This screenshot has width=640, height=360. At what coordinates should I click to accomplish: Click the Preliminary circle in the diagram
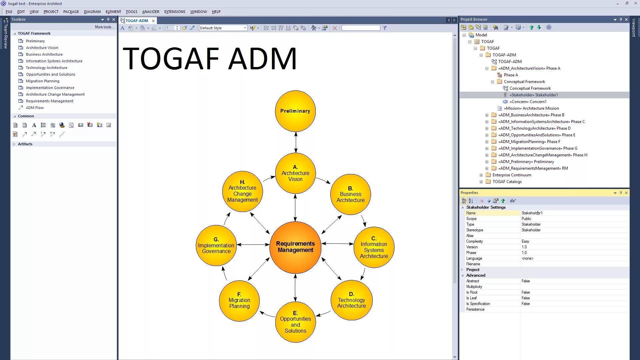tap(295, 111)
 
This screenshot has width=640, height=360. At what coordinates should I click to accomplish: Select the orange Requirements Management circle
tap(295, 247)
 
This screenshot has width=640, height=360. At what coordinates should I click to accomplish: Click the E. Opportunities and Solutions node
tap(295, 322)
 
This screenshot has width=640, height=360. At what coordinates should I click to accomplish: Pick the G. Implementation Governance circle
tap(216, 245)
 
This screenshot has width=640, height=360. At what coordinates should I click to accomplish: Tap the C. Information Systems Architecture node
tap(374, 247)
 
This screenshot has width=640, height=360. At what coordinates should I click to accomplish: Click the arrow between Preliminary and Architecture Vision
tap(296, 142)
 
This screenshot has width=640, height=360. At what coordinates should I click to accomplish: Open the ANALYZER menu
tap(151, 12)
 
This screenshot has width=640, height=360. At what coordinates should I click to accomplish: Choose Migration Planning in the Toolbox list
tap(43, 81)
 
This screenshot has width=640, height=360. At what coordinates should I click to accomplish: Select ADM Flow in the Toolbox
tap(35, 108)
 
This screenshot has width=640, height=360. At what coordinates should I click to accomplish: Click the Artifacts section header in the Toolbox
tap(25, 144)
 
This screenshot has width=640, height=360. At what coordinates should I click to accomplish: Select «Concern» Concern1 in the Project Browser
tap(528, 102)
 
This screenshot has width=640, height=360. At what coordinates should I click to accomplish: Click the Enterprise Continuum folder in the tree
tap(512, 175)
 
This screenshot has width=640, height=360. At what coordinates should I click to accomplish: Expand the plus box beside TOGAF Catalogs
tap(481, 182)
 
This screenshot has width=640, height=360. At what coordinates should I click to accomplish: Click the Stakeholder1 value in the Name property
tap(532, 213)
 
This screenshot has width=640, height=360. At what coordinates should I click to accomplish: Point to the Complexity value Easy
tap(525, 241)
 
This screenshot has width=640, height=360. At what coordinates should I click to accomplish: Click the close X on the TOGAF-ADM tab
tap(153, 21)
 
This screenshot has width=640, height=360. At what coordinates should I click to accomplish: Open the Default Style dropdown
tap(245, 28)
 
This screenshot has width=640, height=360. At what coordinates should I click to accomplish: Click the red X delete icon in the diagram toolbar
tap(335, 28)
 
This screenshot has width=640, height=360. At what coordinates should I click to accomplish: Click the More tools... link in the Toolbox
tap(104, 27)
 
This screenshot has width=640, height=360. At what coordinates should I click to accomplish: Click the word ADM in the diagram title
tap(262, 59)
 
